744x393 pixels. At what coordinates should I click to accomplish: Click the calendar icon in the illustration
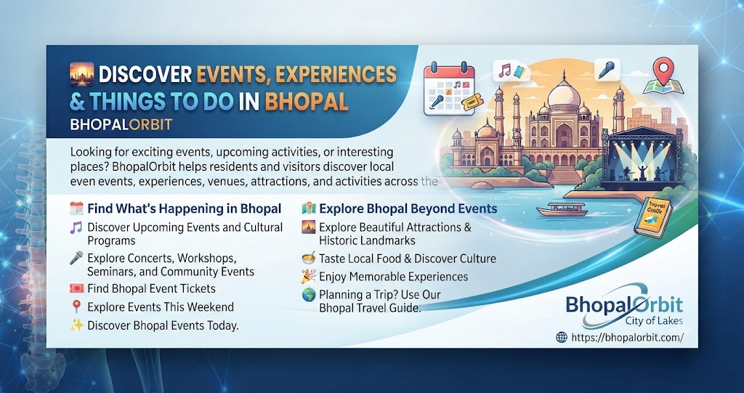(449, 89)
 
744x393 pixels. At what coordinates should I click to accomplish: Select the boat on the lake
(562, 209)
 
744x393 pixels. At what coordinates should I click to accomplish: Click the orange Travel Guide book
(653, 217)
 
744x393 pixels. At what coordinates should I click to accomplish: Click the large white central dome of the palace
(564, 91)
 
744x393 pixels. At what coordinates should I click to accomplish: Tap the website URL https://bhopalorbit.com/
(627, 338)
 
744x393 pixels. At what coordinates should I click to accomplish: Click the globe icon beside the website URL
(562, 338)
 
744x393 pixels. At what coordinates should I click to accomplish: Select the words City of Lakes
(654, 321)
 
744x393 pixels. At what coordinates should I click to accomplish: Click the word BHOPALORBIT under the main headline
(121, 124)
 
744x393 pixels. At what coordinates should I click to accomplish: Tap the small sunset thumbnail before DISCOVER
(81, 74)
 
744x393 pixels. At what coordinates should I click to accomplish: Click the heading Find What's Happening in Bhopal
(184, 208)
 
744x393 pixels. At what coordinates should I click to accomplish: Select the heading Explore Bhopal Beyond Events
(408, 208)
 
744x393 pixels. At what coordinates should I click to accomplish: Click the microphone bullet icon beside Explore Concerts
(76, 258)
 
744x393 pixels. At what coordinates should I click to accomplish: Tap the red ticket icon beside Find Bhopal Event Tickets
(76, 288)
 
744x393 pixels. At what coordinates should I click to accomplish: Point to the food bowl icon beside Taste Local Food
(308, 259)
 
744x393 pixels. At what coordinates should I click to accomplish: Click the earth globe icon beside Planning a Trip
(308, 295)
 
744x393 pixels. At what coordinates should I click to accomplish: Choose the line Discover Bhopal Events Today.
(163, 325)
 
